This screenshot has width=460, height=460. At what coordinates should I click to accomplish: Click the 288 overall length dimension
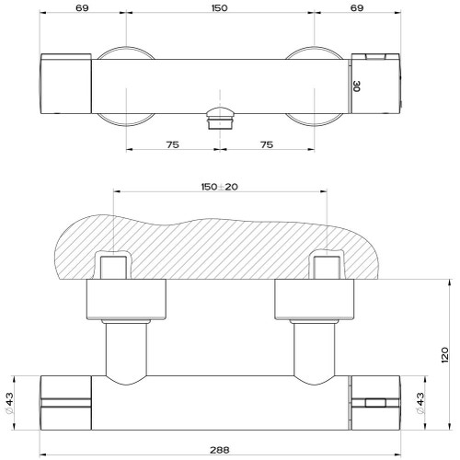point(220,450)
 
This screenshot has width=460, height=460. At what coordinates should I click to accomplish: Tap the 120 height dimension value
point(444,355)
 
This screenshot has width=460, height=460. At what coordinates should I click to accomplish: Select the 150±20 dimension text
point(220,187)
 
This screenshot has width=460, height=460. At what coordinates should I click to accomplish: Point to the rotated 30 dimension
point(357,86)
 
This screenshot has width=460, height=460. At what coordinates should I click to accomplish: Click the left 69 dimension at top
point(82,8)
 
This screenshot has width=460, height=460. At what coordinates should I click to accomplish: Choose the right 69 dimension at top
point(357,8)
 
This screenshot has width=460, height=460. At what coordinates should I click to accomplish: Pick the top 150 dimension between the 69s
point(220,8)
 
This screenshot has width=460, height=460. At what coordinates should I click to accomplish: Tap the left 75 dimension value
point(173,144)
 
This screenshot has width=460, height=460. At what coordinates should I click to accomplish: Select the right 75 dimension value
point(267,144)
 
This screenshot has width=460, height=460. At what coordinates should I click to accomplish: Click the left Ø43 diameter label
point(9,403)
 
